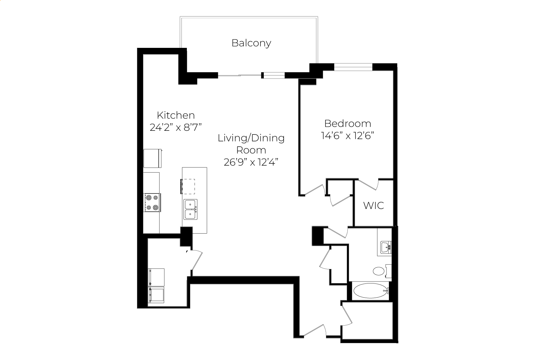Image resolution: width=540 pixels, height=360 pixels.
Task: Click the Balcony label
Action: [x=251, y=43]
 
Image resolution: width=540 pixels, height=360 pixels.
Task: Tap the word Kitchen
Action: [x=176, y=115]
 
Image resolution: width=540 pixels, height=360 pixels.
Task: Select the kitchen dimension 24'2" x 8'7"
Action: [x=175, y=127]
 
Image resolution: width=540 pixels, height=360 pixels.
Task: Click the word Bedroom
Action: [x=348, y=124]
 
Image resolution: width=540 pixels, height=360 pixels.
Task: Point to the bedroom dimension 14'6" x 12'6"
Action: [x=347, y=136]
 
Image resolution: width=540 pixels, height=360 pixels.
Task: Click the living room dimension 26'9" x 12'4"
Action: [x=251, y=162]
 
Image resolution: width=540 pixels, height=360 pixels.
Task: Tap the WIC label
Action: [x=373, y=206]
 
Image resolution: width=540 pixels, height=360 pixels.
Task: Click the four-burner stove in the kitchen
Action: [x=152, y=202]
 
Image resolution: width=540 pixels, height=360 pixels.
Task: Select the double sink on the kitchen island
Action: [x=191, y=209]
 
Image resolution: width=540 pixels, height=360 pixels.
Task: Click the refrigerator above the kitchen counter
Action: [x=152, y=158]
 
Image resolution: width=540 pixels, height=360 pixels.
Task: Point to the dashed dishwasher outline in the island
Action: [x=188, y=186]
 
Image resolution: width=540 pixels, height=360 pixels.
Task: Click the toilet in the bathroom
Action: [x=382, y=271]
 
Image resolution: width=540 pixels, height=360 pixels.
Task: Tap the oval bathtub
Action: [x=370, y=291]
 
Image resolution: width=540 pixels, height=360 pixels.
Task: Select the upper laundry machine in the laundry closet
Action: [x=156, y=277]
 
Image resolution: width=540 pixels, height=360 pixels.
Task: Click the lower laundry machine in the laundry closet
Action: [x=156, y=295]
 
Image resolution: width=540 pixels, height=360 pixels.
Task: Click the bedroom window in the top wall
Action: [x=353, y=67]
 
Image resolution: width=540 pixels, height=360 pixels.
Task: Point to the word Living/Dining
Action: [x=251, y=138]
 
